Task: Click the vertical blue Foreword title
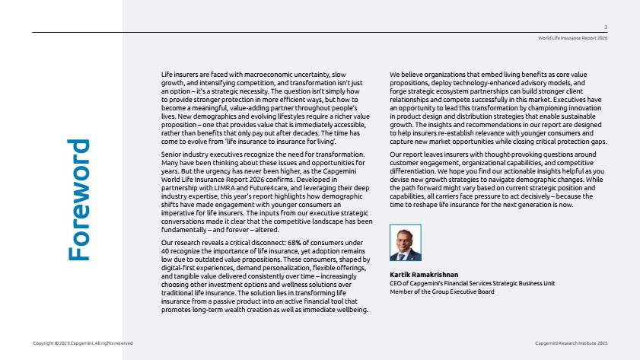(78, 200)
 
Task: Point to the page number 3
(605, 27)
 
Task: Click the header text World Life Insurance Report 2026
(572, 37)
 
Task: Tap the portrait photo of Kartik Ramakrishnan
(405, 244)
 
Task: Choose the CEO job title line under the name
(472, 282)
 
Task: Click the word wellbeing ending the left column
(355, 310)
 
